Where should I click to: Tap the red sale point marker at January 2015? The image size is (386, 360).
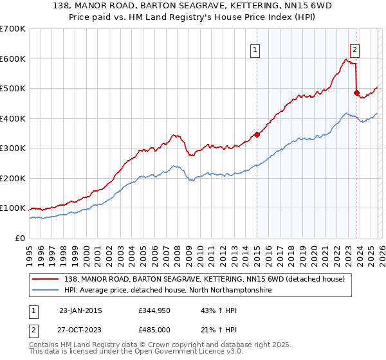pos(257,134)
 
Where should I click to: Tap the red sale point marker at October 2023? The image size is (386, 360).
pos(356,93)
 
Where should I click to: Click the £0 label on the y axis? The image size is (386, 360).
pos(19,238)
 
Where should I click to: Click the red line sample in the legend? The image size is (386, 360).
pos(46,279)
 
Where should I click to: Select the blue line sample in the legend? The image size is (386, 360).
pos(46,291)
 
